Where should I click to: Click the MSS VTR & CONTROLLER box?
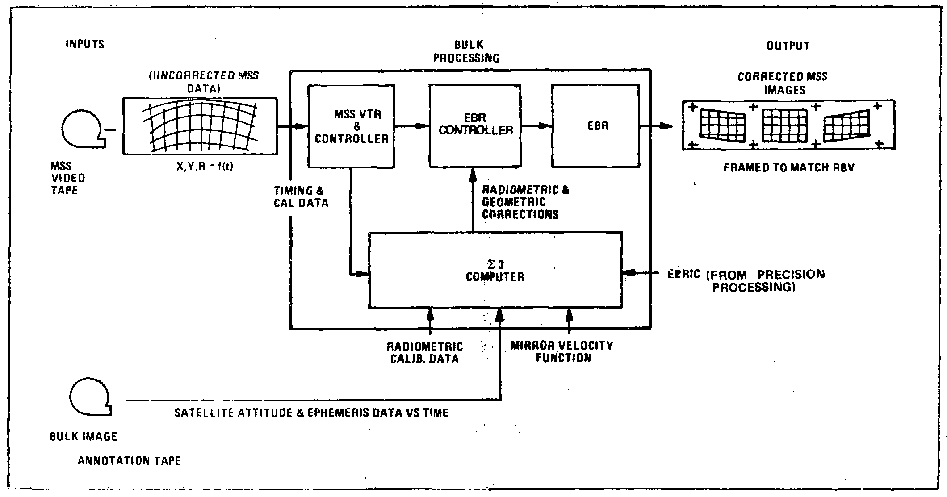351,126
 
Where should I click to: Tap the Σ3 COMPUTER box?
495,270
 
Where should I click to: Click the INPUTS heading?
85,44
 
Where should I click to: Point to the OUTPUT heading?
788,46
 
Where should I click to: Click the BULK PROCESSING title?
466,51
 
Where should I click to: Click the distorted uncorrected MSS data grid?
200,126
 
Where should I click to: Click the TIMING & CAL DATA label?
301,197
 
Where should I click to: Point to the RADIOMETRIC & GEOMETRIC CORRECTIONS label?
525,202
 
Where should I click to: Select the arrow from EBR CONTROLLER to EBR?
536,126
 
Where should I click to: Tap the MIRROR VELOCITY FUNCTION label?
561,351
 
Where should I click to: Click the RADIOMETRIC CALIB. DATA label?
424,353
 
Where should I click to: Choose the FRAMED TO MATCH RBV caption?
789,168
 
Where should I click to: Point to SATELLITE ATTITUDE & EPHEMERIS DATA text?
311,412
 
